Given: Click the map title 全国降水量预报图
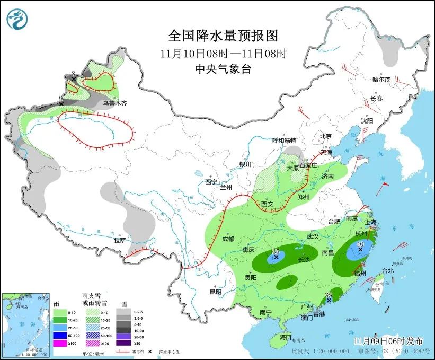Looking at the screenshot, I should point(223,36).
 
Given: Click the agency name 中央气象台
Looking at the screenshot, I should point(223,69).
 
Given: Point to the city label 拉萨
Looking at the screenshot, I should point(120,240).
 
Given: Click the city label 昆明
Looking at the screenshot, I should point(215,292).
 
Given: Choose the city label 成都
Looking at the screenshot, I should point(228,239).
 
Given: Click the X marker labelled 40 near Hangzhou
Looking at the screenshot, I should point(361,249).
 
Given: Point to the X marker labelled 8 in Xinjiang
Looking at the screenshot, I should point(74,78).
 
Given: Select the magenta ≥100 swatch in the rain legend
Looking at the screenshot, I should point(60,343).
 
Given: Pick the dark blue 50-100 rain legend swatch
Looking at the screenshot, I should point(60,336).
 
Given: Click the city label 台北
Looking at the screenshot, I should point(388,270).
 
